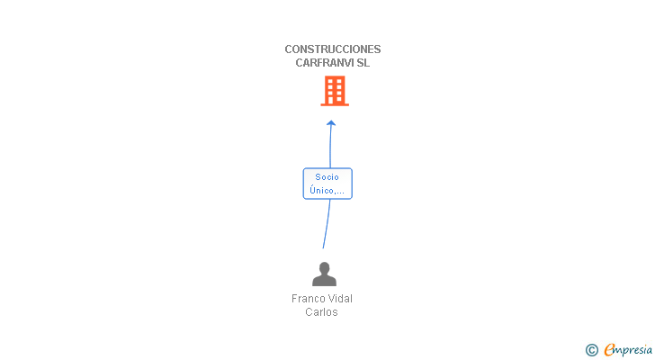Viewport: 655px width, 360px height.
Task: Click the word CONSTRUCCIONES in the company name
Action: [332, 49]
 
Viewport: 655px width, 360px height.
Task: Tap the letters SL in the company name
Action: [363, 63]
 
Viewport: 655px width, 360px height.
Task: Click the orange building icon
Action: [335, 91]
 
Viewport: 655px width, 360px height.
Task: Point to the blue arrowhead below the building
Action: [331, 123]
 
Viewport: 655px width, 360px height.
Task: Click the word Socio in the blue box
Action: [327, 177]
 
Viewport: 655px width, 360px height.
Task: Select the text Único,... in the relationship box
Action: [327, 190]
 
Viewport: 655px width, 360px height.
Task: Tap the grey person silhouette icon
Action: [324, 274]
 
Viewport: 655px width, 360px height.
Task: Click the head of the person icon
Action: [324, 267]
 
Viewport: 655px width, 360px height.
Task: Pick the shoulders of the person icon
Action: [324, 280]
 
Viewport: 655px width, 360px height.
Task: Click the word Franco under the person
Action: [310, 299]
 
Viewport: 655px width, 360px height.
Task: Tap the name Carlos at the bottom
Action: [321, 312]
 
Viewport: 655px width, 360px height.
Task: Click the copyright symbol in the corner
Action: [591, 350]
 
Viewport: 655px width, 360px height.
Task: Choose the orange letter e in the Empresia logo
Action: [609, 350]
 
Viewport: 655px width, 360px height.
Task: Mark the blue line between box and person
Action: [326, 225]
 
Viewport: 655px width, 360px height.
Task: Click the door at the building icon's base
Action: [335, 101]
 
